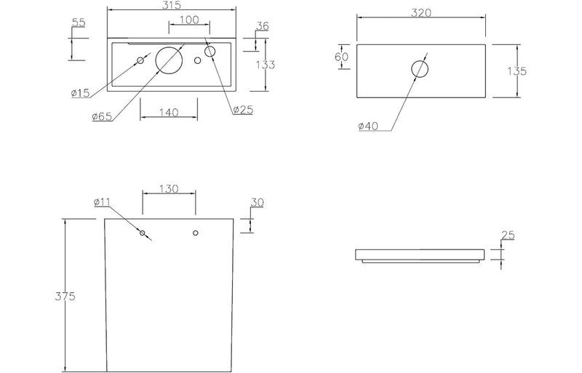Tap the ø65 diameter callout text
coord(101,116)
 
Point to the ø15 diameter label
coord(80,92)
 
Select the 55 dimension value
coord(78,23)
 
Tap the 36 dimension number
coord(262,26)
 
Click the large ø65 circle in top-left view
coord(170,60)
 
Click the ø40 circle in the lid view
coord(420,69)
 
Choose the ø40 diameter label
coord(369,127)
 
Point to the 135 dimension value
coord(517,71)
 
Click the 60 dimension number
coord(342,57)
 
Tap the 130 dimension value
coord(169,188)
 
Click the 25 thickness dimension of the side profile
coord(508,235)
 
